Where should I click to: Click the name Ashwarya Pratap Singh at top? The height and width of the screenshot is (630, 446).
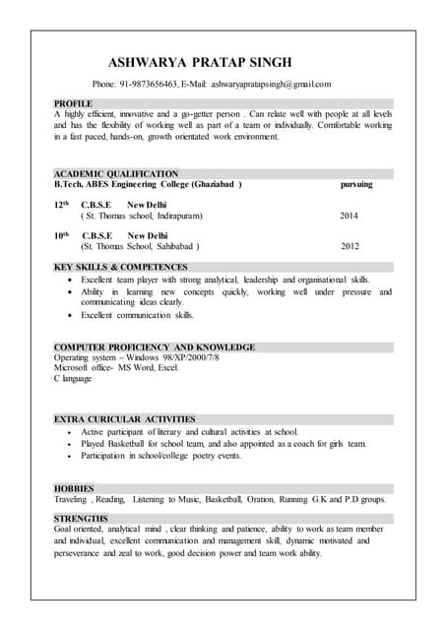tap(200, 62)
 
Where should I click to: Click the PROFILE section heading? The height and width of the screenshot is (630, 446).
tap(73, 103)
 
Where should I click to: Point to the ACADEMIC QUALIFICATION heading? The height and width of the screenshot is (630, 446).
tap(115, 174)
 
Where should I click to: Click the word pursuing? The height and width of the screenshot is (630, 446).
tap(356, 184)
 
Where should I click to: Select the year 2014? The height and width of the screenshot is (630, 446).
tap(350, 215)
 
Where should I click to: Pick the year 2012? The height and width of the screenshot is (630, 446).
tap(350, 246)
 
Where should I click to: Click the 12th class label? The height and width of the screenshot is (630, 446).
tap(61, 205)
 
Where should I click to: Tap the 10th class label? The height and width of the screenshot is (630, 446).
tap(61, 236)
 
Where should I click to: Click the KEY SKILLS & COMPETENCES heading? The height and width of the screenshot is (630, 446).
tap(120, 267)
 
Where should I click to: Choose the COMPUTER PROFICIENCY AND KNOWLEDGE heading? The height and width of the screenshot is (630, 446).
tap(154, 347)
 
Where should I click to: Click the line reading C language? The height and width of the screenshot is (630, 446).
tap(73, 379)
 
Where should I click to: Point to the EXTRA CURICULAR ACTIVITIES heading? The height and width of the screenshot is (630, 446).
tap(124, 419)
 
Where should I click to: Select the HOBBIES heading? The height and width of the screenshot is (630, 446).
tap(74, 488)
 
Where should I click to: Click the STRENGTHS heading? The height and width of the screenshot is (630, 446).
tap(81, 518)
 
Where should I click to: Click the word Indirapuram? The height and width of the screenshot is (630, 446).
tap(173, 215)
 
